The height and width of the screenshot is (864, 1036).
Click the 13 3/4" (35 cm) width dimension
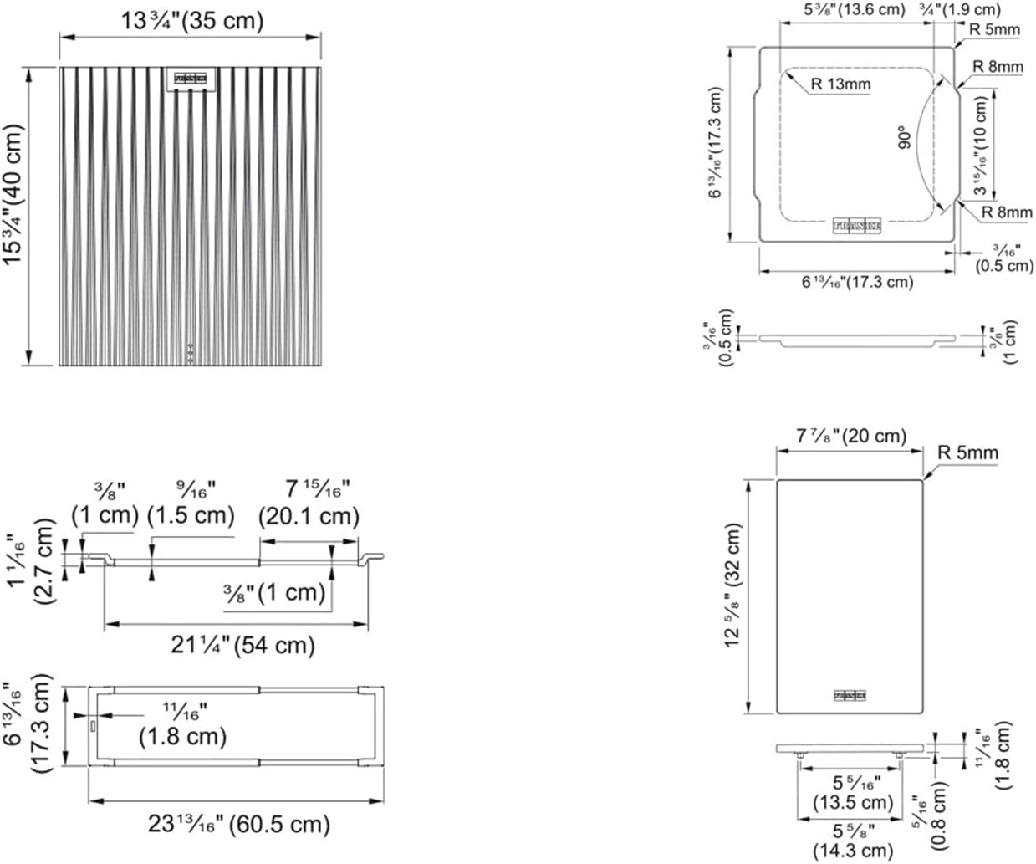[x=192, y=20]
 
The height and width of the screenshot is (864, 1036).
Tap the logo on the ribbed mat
[x=190, y=78]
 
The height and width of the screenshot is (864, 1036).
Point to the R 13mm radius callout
[x=840, y=84]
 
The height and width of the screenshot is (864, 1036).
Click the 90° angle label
[x=903, y=138]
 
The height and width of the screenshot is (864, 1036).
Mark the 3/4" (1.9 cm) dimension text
[x=970, y=10]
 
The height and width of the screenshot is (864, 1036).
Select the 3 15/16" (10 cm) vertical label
[x=981, y=145]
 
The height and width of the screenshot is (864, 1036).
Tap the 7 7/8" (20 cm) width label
[x=851, y=436]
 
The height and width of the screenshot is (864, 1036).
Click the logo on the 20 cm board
[x=849, y=695]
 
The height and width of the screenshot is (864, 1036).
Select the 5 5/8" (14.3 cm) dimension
[x=853, y=841]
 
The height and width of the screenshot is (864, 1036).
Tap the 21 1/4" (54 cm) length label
[x=243, y=645]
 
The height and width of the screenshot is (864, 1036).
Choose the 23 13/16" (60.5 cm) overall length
[x=239, y=824]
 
